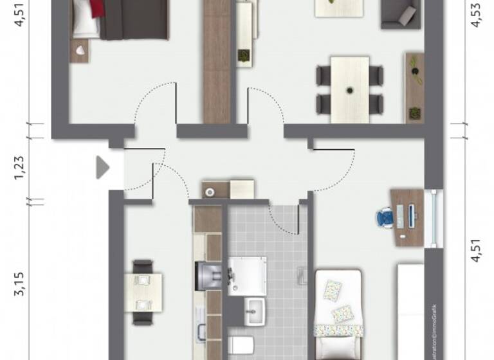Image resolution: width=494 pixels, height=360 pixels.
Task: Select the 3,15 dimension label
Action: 20,283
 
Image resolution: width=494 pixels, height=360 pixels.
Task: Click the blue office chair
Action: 384,217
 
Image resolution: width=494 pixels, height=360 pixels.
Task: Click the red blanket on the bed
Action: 97,8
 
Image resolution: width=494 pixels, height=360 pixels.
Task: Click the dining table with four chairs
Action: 349,89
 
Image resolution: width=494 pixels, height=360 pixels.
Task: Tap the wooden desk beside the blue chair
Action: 407,217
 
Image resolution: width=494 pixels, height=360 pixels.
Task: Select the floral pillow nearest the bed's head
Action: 333,290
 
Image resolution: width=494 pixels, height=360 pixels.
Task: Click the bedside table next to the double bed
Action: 80,51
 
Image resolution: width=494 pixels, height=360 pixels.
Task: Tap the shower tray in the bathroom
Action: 248,276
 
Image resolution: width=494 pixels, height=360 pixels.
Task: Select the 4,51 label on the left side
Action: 20,14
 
